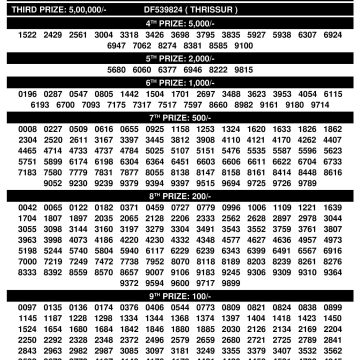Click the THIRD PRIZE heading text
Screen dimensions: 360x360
pos(42,6)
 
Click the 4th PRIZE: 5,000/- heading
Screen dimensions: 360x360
pos(179,22)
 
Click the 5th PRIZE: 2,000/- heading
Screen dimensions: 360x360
pos(179,58)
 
